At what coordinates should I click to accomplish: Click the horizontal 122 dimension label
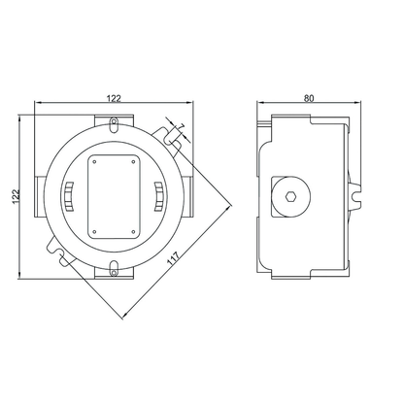[114, 98]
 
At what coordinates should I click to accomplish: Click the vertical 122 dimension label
[16, 196]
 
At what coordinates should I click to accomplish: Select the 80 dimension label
[309, 98]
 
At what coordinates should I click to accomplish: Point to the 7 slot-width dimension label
[181, 127]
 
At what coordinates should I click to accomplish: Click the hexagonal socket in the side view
[290, 196]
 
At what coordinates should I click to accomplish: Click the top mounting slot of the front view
[114, 124]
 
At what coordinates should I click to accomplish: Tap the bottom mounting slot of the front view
[114, 269]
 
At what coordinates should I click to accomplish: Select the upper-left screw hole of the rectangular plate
[94, 162]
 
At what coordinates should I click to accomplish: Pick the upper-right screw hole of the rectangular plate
[133, 162]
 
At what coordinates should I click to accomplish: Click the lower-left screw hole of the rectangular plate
[94, 232]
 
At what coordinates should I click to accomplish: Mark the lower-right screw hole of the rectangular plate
[133, 232]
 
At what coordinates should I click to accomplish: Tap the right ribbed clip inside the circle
[158, 197]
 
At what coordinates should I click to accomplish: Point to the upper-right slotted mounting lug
[167, 137]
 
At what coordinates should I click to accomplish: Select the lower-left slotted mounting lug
[60, 251]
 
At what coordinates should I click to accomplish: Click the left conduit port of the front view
[39, 197]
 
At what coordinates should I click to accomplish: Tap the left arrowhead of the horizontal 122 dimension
[38, 103]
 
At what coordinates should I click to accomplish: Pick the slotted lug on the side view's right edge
[355, 195]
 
